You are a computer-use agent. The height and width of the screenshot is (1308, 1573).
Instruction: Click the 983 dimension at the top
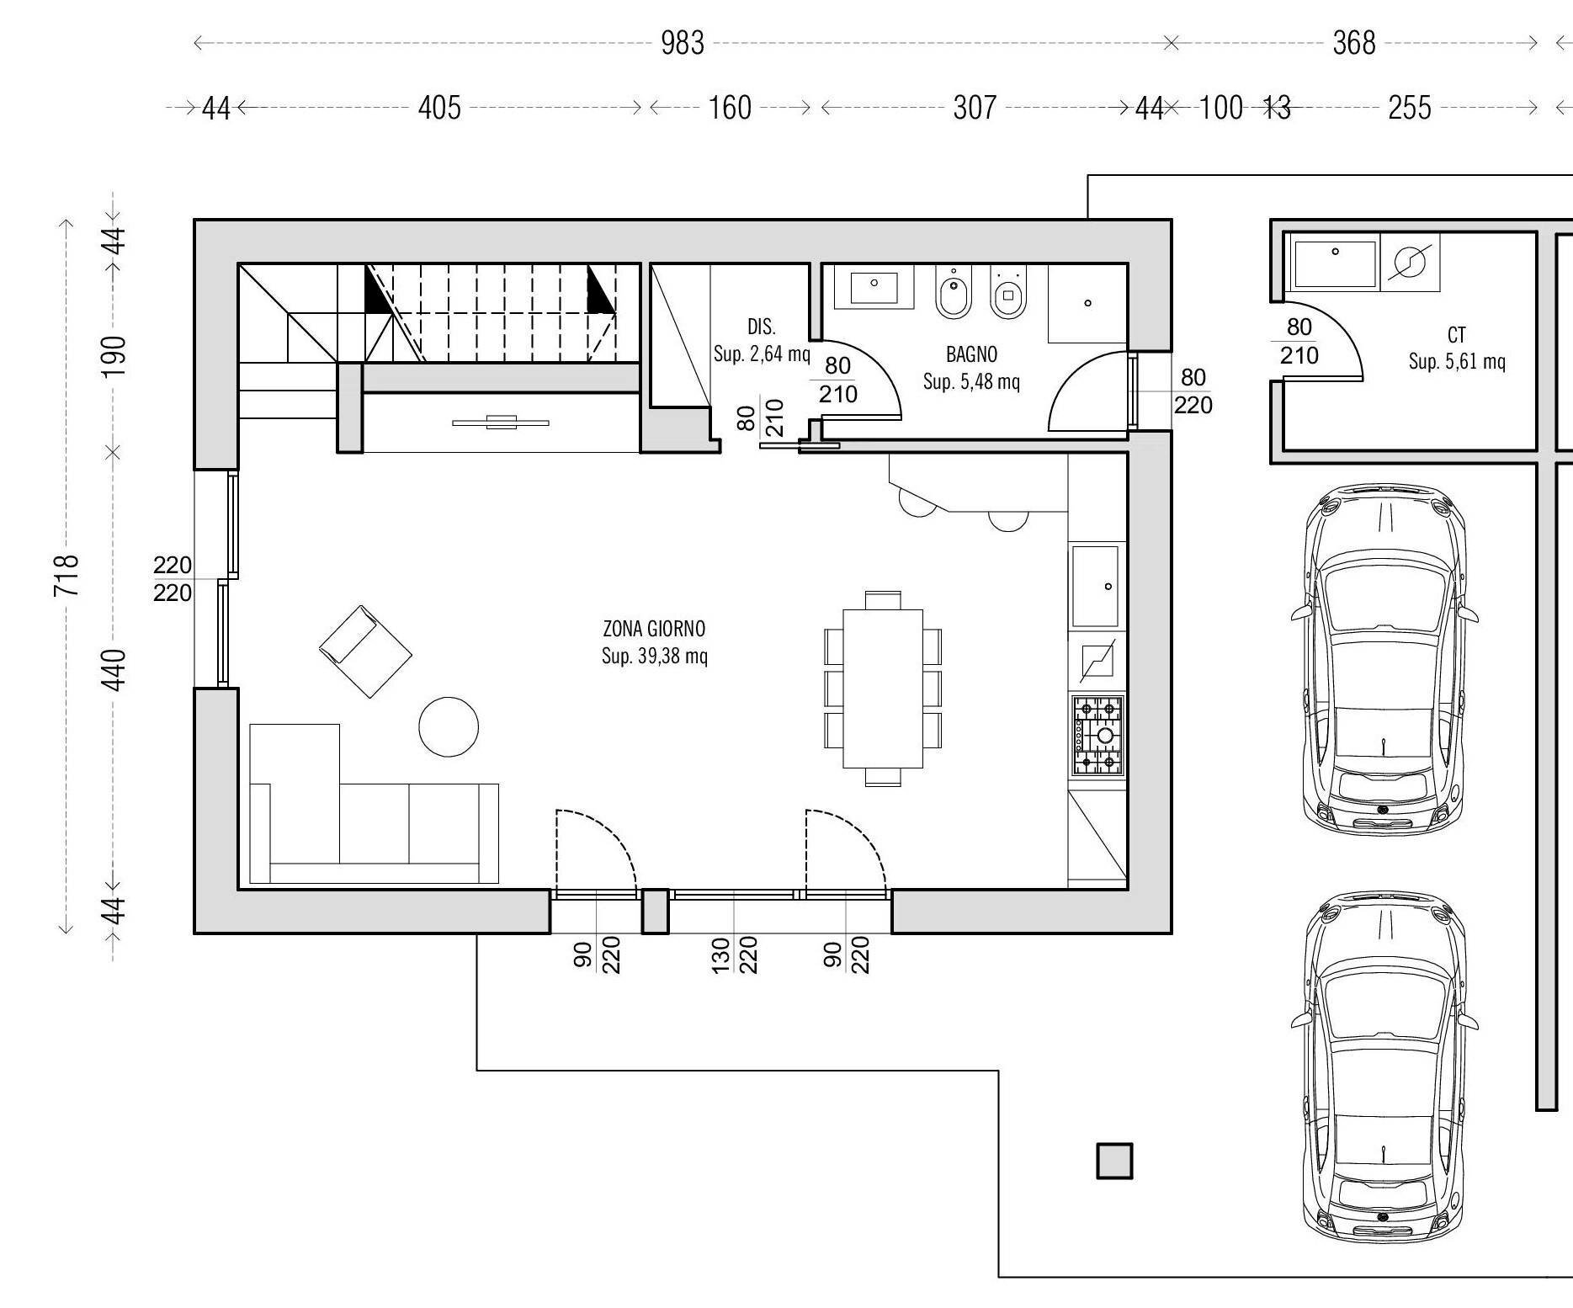tap(682, 42)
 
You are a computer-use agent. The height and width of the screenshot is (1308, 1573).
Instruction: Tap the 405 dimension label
tap(439, 108)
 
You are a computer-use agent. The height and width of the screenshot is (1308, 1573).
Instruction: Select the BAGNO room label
tap(971, 354)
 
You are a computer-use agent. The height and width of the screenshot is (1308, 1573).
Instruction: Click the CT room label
tap(1456, 336)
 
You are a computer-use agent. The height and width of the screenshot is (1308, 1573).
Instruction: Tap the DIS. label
tap(761, 327)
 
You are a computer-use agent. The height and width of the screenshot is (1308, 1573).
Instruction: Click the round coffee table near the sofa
tap(449, 726)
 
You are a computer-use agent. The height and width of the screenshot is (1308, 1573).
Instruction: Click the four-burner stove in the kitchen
tap(1097, 736)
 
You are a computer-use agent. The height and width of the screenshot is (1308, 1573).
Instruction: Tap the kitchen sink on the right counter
tap(1095, 586)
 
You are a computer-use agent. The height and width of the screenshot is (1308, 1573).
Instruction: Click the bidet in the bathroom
tap(953, 294)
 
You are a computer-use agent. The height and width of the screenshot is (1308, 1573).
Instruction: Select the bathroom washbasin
tap(874, 286)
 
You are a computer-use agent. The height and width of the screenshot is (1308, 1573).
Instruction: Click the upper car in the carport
tap(1384, 660)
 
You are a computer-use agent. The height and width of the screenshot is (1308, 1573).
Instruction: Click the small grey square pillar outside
tap(1114, 1162)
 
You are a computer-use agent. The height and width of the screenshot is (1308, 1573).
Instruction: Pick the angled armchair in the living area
tap(365, 651)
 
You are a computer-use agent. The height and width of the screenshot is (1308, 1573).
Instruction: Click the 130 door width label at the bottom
tap(721, 955)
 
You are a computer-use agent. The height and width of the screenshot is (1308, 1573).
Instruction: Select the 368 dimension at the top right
tap(1353, 42)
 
